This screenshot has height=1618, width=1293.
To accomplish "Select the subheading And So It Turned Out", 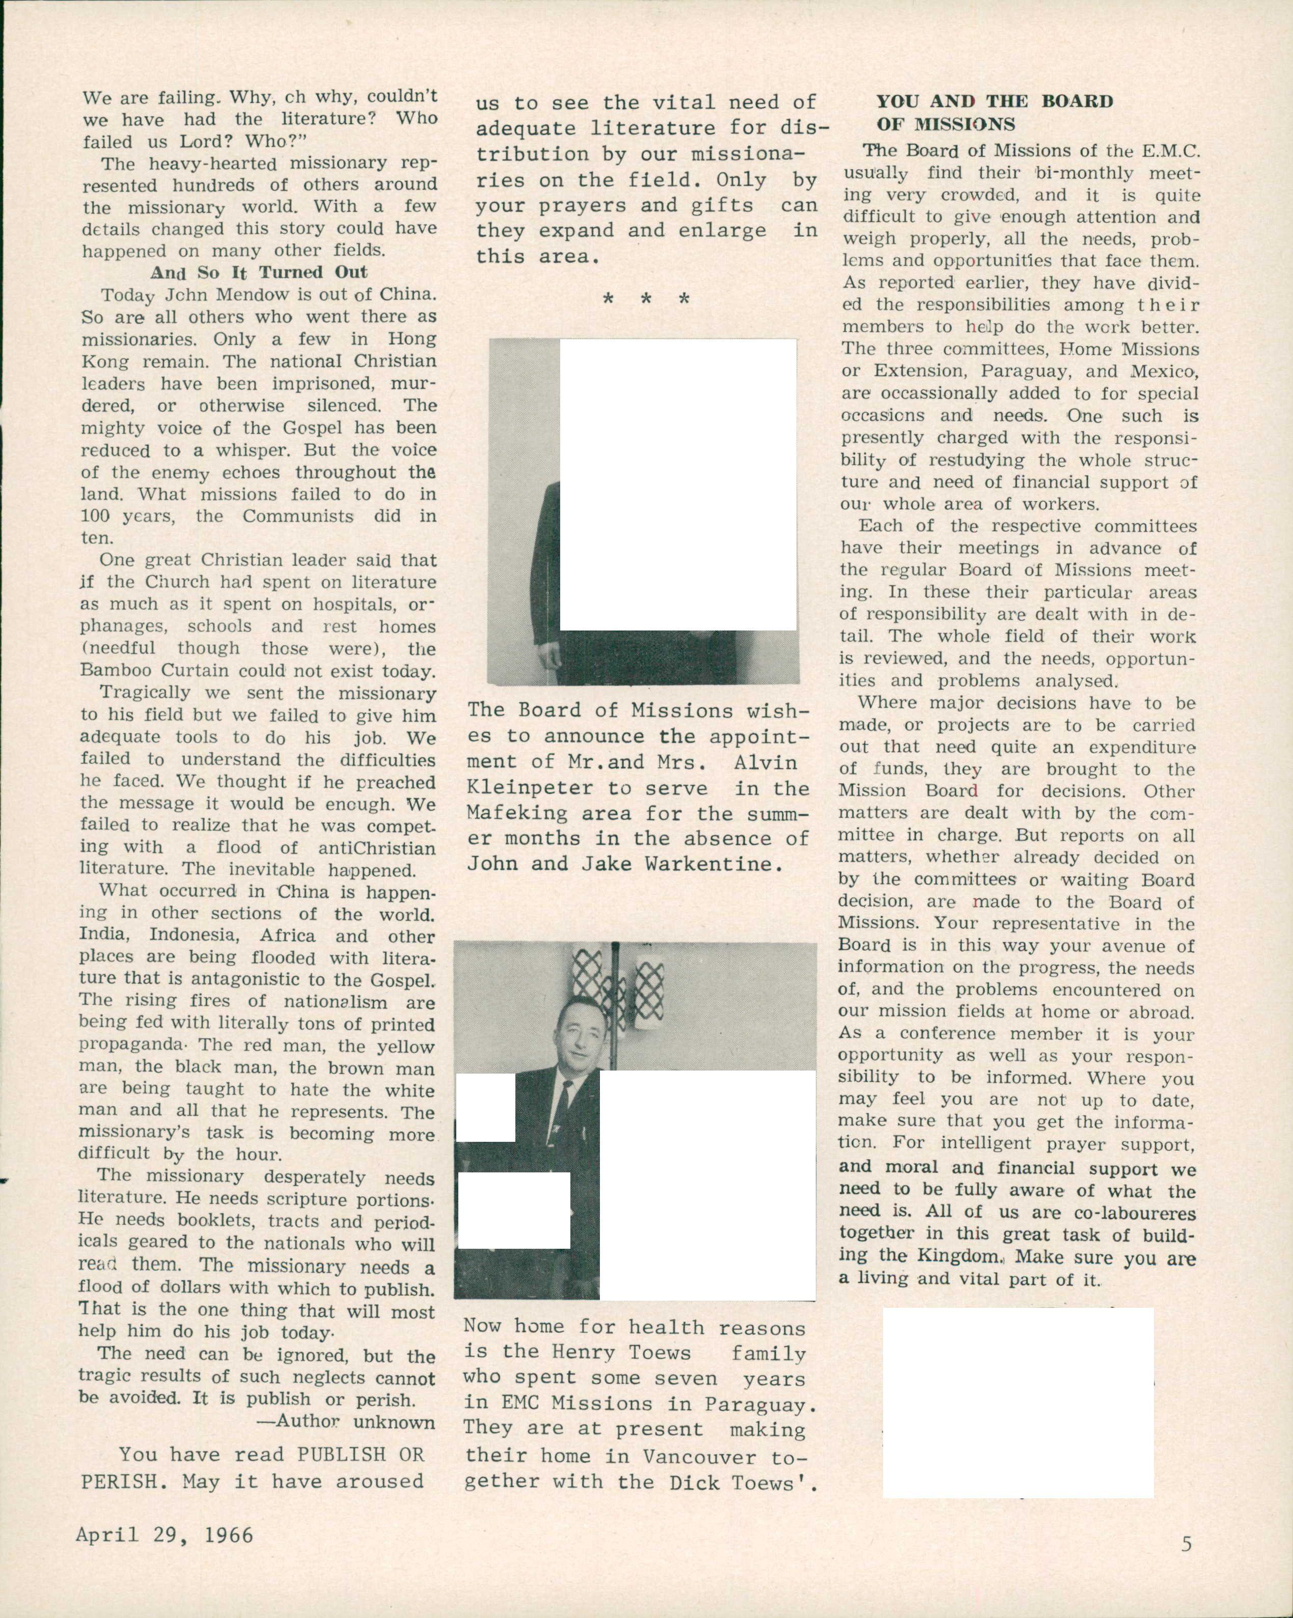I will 259,272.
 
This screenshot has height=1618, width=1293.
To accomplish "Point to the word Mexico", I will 1168,371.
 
